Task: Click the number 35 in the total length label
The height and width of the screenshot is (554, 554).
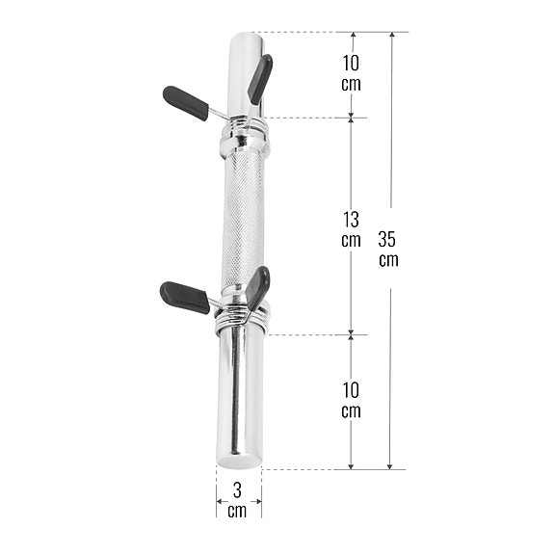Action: [390, 240]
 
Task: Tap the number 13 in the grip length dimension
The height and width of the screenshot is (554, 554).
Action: [351, 220]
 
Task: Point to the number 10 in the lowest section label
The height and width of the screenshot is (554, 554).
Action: [351, 390]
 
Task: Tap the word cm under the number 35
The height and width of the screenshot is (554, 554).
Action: [390, 260]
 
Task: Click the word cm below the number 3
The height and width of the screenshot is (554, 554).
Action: [238, 511]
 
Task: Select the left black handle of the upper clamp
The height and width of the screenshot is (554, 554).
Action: [185, 102]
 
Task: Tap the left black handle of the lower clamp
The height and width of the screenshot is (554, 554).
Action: [185, 297]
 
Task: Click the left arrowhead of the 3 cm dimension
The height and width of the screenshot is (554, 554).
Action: [220, 500]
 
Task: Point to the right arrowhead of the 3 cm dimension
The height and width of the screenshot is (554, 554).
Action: [257, 500]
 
